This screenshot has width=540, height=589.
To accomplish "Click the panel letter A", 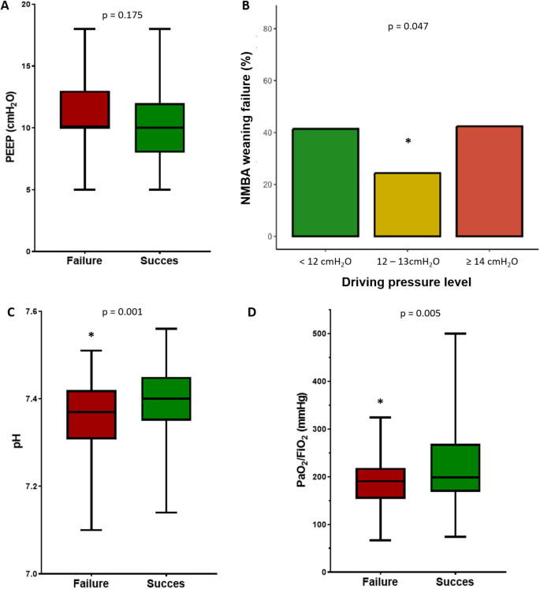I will [8, 9].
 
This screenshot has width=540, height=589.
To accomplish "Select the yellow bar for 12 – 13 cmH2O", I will [406, 204].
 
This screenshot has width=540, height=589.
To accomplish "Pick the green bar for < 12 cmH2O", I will [325, 182].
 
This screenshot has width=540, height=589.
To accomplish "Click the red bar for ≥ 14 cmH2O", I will [489, 181].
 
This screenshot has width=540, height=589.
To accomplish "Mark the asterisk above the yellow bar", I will [408, 142].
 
